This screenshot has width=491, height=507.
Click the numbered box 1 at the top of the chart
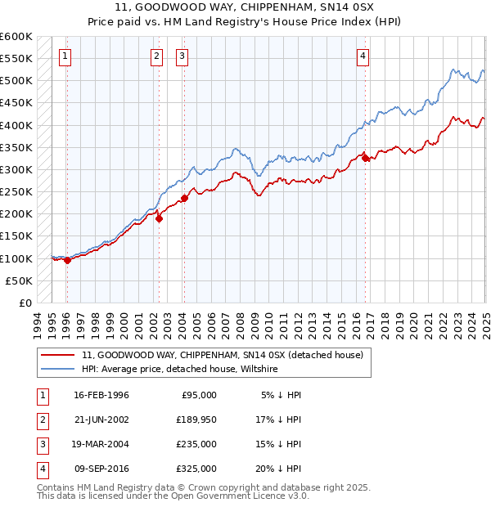click(65, 56)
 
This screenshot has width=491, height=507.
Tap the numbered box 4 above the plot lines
click(363, 56)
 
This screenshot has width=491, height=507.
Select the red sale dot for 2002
click(160, 218)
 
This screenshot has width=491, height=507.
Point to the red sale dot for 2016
click(366, 159)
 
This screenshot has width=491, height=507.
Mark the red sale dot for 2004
click(185, 198)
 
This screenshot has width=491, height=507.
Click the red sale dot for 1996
click(67, 261)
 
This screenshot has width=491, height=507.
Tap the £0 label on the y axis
click(25, 303)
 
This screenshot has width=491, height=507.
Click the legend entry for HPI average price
click(180, 370)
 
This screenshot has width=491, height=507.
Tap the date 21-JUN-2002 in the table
click(101, 420)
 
